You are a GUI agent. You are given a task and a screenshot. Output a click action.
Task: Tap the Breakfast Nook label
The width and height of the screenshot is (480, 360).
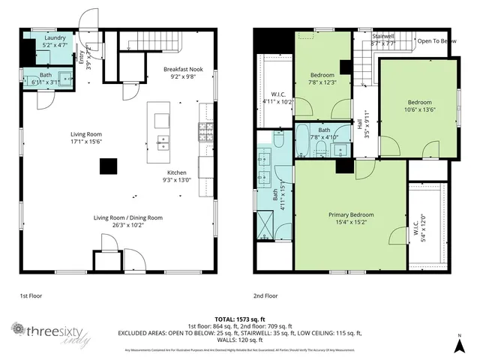tap(184, 72)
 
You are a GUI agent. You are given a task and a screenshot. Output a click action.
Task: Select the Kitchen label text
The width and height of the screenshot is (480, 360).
tap(176, 176)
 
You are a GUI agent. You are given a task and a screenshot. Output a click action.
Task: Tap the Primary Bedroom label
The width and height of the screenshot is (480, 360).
tap(351, 218)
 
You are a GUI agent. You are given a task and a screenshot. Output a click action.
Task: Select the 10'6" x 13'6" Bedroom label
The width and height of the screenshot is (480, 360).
tap(419, 106)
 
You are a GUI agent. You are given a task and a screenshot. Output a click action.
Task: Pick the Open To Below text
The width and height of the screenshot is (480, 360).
tap(436, 40)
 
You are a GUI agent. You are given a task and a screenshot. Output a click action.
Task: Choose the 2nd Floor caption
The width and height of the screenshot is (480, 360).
tap(266, 295)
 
